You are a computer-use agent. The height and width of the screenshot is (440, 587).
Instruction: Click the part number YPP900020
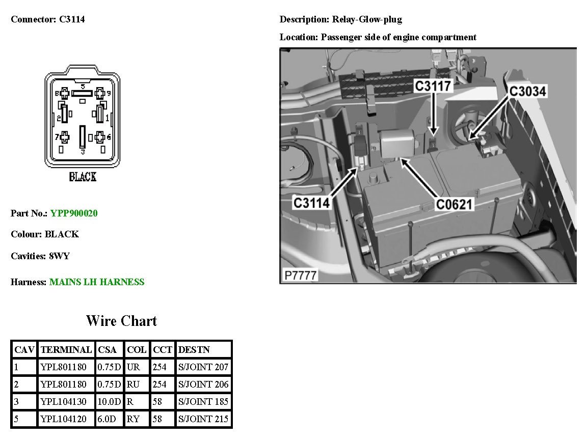click(x=74, y=213)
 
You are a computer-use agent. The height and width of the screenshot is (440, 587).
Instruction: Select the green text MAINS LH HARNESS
click(x=97, y=282)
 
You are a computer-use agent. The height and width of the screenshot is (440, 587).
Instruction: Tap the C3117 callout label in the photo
click(x=433, y=86)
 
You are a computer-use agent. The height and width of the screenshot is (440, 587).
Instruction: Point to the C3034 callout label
click(x=527, y=91)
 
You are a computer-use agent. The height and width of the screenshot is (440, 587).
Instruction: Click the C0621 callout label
click(x=455, y=204)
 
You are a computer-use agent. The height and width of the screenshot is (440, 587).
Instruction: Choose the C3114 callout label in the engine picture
click(x=312, y=203)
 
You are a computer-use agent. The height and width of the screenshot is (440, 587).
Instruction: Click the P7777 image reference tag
click(x=300, y=276)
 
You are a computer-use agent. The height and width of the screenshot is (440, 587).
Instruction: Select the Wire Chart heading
click(x=121, y=321)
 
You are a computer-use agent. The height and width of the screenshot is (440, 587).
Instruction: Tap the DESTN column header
click(x=194, y=350)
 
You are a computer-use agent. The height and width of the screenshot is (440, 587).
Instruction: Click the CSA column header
click(x=108, y=350)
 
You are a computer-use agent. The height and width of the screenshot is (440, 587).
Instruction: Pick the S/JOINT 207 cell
click(x=203, y=367)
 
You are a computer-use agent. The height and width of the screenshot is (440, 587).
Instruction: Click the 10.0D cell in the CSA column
click(x=109, y=402)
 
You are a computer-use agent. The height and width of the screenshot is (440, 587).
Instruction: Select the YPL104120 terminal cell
click(x=64, y=420)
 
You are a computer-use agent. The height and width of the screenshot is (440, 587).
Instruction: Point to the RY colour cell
click(x=132, y=420)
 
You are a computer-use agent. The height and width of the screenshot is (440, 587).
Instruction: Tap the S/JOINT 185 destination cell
click(x=203, y=402)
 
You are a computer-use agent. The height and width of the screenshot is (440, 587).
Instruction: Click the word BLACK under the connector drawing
click(x=83, y=177)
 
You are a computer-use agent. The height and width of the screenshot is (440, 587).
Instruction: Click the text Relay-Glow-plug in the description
click(x=367, y=19)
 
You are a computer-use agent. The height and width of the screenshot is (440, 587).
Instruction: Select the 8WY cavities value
click(x=59, y=256)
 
